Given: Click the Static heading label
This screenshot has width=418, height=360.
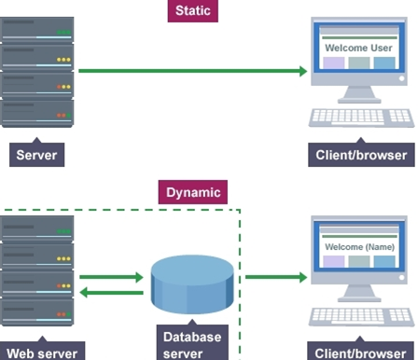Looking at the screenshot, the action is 193,11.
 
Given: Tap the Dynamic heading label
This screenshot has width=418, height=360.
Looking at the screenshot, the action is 193,192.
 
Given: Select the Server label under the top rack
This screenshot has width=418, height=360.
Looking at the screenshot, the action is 36,155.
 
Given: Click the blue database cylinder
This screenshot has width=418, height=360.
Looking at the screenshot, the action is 192,284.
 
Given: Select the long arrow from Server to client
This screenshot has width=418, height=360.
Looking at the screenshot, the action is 193,71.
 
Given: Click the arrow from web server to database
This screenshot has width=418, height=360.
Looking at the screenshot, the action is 111,277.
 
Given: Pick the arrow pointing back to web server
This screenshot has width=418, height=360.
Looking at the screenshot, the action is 111,292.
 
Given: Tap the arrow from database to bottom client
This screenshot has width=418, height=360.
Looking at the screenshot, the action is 276,277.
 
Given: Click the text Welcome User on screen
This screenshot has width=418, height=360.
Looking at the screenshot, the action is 358,48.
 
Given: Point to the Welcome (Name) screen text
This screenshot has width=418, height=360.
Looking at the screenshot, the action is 359,247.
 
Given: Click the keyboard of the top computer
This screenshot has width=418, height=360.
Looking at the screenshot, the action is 361,118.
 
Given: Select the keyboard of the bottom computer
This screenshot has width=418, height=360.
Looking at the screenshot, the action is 361,317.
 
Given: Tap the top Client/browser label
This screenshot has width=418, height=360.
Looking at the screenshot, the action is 361,155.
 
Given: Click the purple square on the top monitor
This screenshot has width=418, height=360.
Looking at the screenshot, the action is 334,62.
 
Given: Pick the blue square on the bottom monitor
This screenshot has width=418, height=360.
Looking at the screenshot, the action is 384,261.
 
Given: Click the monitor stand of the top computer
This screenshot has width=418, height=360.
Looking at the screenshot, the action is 359,94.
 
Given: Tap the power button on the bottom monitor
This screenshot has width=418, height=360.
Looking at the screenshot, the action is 401,277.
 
